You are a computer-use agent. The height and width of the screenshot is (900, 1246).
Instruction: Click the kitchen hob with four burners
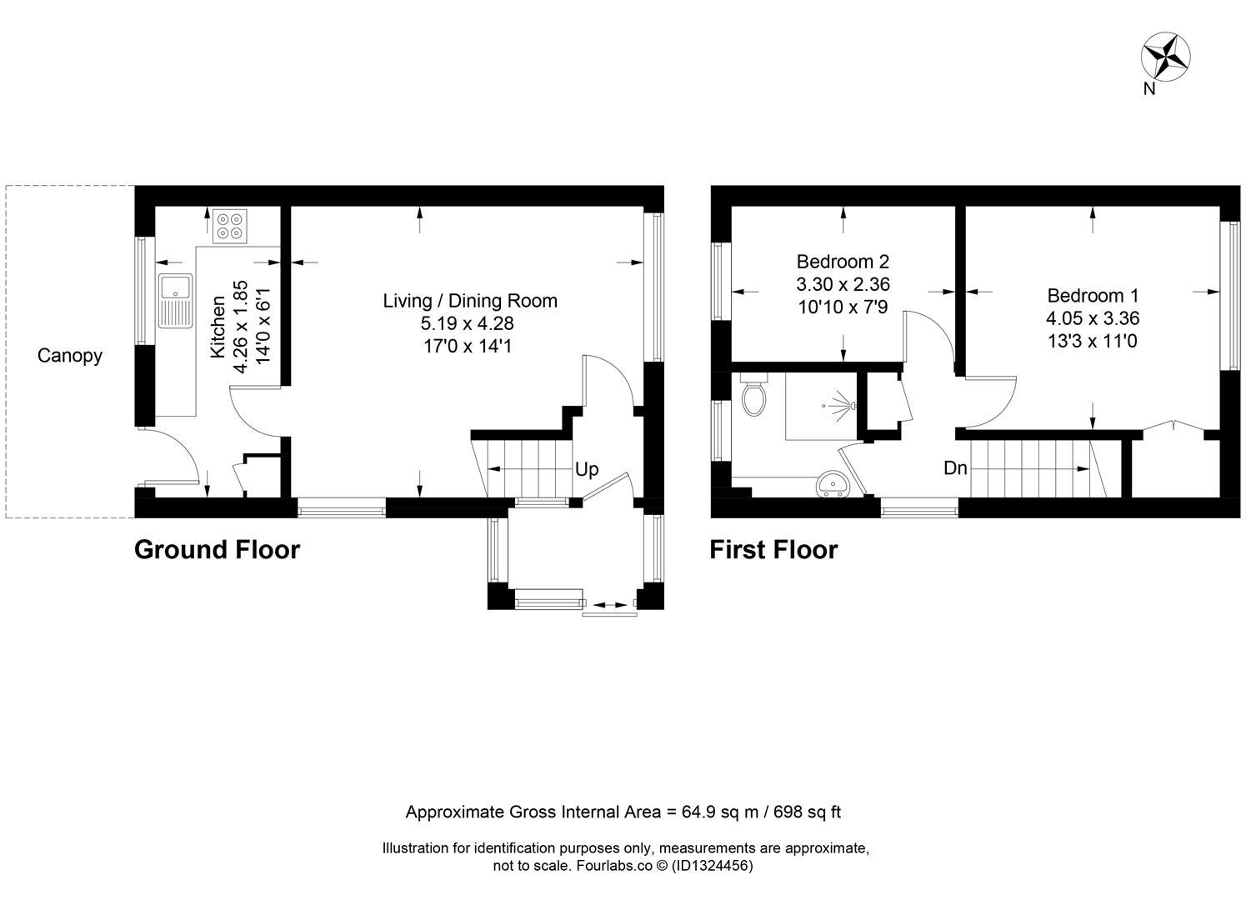pyautogui.click(x=230, y=226)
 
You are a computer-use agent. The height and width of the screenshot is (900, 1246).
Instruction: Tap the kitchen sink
pyautogui.click(x=175, y=300)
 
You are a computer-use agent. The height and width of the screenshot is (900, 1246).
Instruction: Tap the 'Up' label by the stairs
pyautogui.click(x=586, y=469)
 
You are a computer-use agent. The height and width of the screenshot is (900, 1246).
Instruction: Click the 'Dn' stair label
pyautogui.click(x=955, y=467)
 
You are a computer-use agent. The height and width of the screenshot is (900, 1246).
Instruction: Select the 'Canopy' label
pyautogui.click(x=69, y=356)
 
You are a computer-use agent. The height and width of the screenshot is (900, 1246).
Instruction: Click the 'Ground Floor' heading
pyautogui.click(x=217, y=549)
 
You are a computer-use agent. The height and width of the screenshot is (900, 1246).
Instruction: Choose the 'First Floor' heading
pyautogui.click(x=773, y=549)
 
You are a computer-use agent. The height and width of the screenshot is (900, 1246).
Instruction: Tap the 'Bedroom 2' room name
pyautogui.click(x=843, y=261)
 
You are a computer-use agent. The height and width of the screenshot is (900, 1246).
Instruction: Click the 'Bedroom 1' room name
pyautogui.click(x=1093, y=295)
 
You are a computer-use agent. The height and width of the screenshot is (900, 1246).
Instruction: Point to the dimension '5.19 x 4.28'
pyautogui.click(x=468, y=323)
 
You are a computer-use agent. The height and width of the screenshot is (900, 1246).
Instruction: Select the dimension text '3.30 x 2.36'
pyautogui.click(x=843, y=284)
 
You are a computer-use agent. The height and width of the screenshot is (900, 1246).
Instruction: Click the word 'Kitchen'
pyautogui.click(x=218, y=327)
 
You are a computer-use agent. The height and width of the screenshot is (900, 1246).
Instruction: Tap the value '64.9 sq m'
pyautogui.click(x=720, y=812)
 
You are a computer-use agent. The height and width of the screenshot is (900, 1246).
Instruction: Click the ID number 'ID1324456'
pyautogui.click(x=712, y=866)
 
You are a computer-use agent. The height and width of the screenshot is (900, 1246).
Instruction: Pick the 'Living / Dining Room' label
pyautogui.click(x=470, y=300)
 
